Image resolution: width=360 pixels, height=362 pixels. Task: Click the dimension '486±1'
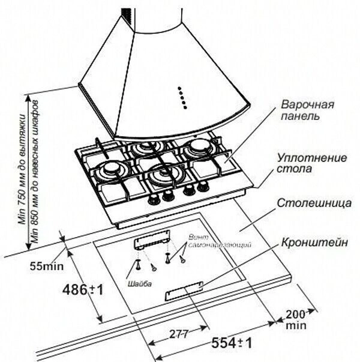(x=83, y=289)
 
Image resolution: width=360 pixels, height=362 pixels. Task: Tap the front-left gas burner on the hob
(x=110, y=170)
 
